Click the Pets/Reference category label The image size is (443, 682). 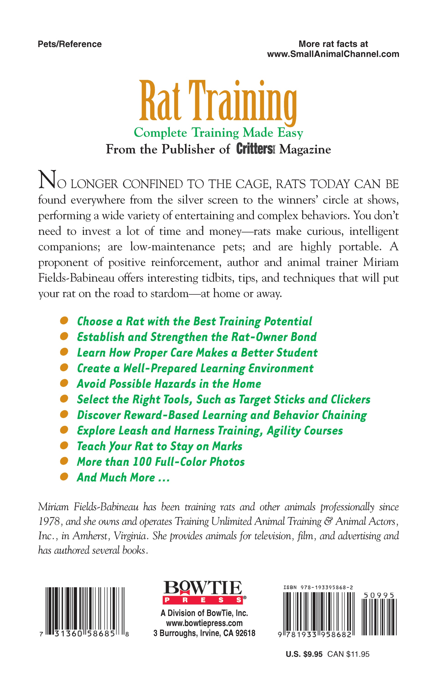point(70,44)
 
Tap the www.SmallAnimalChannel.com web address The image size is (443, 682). point(333,54)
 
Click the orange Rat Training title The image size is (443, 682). point(218,102)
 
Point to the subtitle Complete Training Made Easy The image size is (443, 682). point(218,133)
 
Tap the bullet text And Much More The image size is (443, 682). point(123,477)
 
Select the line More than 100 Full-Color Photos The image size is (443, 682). point(161,462)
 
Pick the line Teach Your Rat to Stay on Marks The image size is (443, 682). point(160,446)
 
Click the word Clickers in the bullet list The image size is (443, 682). point(350,399)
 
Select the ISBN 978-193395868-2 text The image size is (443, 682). point(318,587)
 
